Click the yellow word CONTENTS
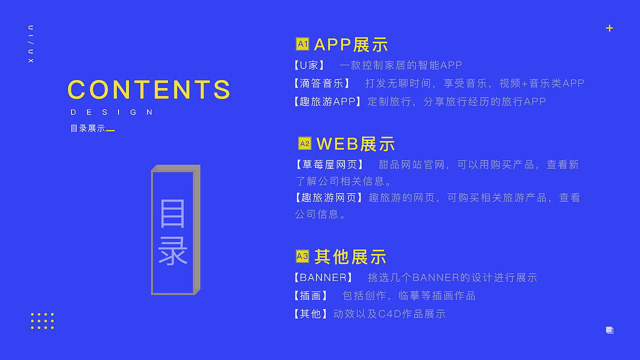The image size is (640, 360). (x=149, y=90)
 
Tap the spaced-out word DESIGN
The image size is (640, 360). (x=112, y=112)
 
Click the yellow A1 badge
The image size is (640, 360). (x=302, y=44)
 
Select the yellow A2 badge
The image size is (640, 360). (x=304, y=143)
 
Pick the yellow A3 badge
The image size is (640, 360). (x=302, y=256)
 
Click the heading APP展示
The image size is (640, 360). (x=351, y=44)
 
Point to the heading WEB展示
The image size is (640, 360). (x=355, y=144)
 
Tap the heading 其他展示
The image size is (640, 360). (x=350, y=257)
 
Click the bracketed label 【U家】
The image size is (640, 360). (x=309, y=65)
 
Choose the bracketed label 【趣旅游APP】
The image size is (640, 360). (x=327, y=101)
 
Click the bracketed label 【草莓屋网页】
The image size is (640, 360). (x=330, y=164)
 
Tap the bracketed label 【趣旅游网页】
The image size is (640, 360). (x=328, y=197)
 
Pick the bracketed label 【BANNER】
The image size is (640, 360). (x=323, y=277)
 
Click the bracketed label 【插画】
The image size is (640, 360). (x=310, y=295)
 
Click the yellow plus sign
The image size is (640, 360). (x=609, y=28)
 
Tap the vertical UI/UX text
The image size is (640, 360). (x=31, y=43)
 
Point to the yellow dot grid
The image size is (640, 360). (x=42, y=321)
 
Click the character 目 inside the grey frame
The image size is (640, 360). (x=173, y=213)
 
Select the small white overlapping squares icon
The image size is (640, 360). (x=609, y=330)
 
